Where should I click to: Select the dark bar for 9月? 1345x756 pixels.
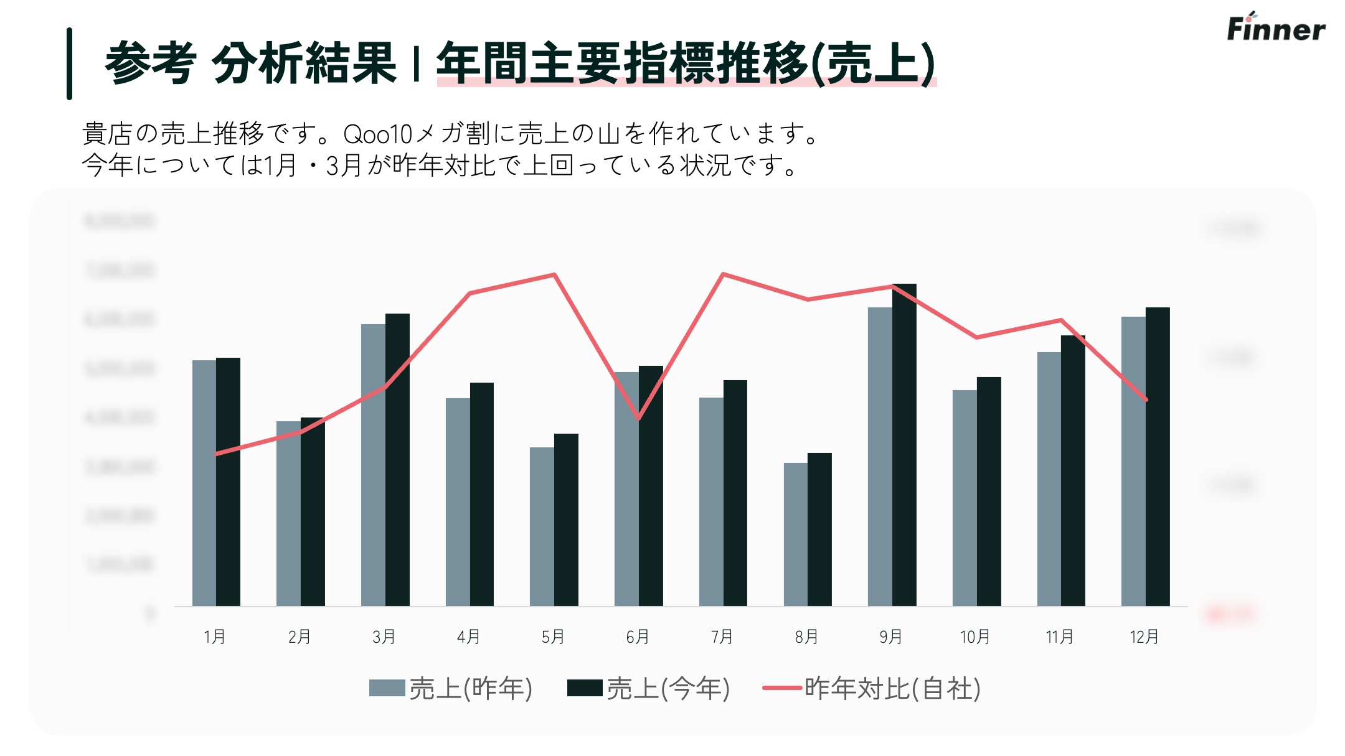(x=904, y=445)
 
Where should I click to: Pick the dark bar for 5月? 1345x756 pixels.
(x=566, y=520)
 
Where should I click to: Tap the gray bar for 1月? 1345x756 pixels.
(x=204, y=483)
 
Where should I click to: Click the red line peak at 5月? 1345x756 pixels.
(x=554, y=274)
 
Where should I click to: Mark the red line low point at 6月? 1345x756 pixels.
(x=639, y=418)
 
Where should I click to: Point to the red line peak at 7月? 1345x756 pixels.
(x=723, y=274)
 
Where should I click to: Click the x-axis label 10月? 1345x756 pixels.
(x=975, y=637)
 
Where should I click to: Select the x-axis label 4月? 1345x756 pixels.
(x=468, y=637)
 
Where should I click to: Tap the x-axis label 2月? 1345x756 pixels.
(x=300, y=637)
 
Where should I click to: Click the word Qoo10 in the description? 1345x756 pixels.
(x=377, y=134)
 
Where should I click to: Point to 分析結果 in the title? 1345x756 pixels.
(x=304, y=63)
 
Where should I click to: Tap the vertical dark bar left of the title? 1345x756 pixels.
(x=70, y=63)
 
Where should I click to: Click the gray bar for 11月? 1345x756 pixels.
(x=1049, y=478)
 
